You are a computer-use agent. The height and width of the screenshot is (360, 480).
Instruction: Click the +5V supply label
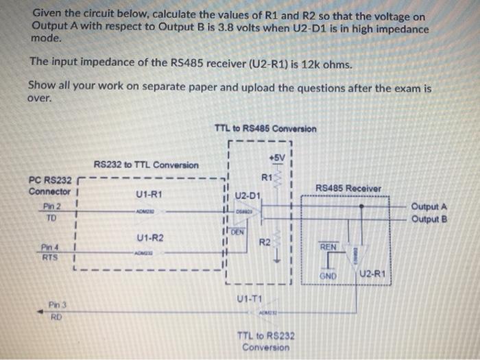(276, 158)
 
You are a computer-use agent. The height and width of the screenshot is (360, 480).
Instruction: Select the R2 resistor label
(264, 243)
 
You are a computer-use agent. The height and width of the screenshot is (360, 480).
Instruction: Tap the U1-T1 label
(248, 299)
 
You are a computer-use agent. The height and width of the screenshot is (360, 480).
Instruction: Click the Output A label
(429, 206)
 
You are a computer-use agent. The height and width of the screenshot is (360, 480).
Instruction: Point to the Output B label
(429, 219)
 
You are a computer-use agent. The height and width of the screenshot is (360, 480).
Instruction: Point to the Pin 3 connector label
(58, 304)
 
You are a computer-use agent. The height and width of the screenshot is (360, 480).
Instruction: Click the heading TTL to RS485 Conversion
(265, 129)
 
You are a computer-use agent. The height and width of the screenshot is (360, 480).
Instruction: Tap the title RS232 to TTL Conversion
(146, 165)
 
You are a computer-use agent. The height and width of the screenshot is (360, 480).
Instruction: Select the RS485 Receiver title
(349, 188)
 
